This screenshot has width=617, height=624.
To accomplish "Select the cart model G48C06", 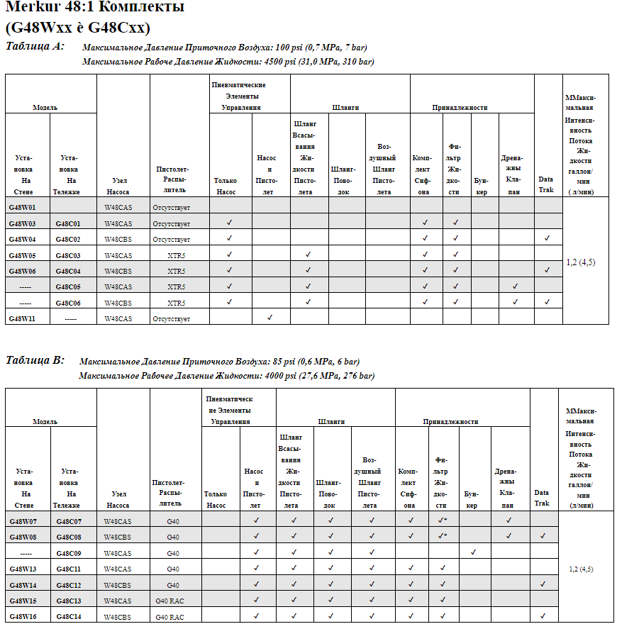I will click(68, 303).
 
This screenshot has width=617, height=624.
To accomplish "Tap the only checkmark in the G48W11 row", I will click(269, 318).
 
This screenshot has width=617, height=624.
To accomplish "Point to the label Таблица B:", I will click(35, 360).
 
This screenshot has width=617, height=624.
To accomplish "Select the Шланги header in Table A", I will click(346, 108).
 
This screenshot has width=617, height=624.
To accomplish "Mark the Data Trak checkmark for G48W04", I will click(547, 238).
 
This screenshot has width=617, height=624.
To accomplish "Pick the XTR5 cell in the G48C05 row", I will click(176, 286).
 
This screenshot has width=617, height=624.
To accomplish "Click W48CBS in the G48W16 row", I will click(118, 617).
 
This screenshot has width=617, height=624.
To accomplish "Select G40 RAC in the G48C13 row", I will click(169, 601).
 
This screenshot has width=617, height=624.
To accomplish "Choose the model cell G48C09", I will click(68, 553).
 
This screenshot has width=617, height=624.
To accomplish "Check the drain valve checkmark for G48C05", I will click(515, 286).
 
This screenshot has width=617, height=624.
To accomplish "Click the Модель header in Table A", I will click(45, 108).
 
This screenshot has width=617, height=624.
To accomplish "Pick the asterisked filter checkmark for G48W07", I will click(442, 520).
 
